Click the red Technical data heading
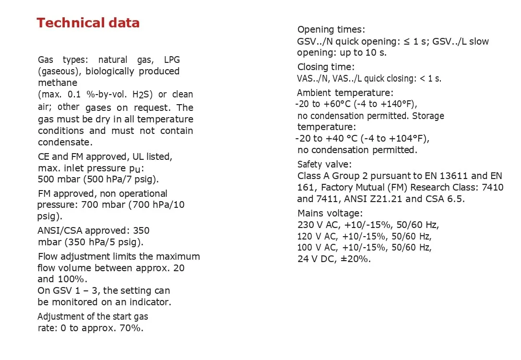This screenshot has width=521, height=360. [88, 23]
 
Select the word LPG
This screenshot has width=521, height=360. [172, 60]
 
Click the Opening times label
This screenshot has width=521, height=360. [331, 30]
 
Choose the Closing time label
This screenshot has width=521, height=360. [326, 67]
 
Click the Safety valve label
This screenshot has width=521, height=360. [324, 164]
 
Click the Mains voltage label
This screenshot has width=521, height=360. [330, 213]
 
